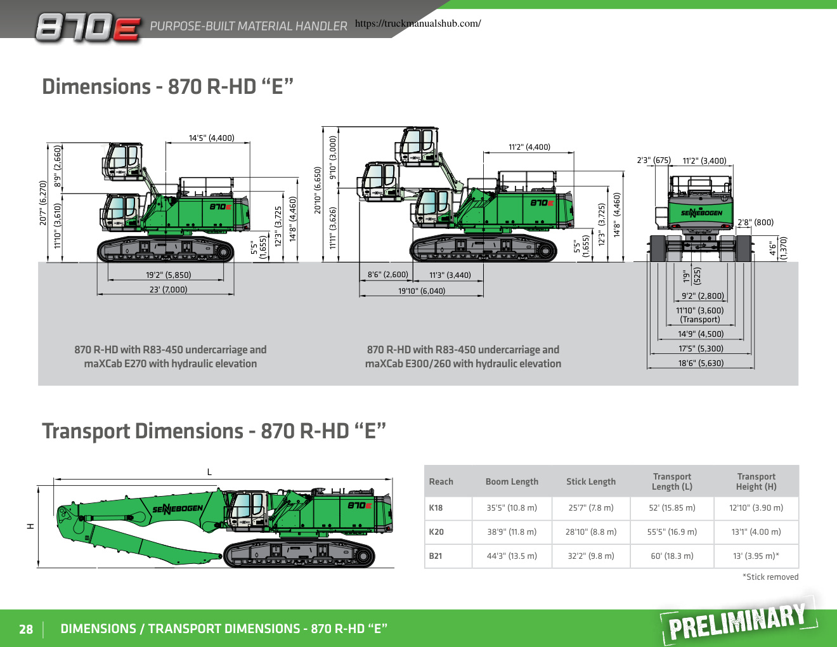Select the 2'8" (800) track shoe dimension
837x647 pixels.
[755, 223]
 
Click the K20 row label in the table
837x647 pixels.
[436, 532]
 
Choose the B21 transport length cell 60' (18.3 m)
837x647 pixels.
[672, 556]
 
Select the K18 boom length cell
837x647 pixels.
[512, 507]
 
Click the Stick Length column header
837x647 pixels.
[590, 481]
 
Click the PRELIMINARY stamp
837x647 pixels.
[737, 620]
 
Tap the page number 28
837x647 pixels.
[26, 629]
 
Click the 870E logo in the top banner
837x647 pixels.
[88, 28]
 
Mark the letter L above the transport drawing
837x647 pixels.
[209, 472]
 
